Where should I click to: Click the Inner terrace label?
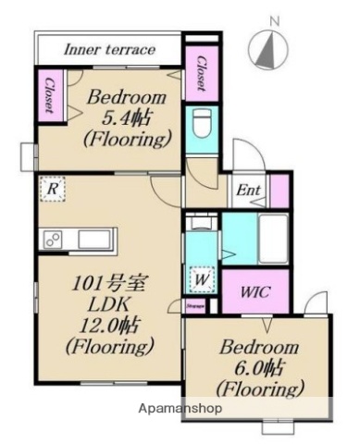108,50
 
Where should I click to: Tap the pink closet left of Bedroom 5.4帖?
46,95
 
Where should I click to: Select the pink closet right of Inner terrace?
199,72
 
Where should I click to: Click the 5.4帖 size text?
128,118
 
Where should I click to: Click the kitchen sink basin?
93,240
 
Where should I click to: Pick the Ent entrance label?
248,192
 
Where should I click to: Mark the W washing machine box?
201,277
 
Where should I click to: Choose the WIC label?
255,292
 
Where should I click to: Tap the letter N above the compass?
273,18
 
